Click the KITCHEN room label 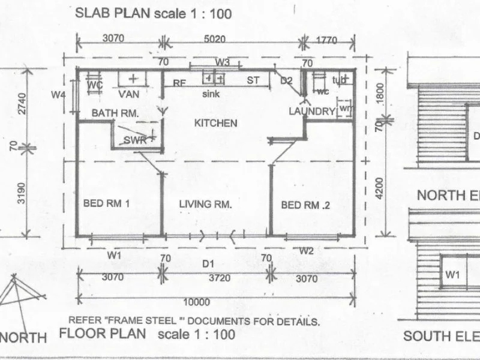pos(216,123)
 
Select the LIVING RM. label pos(206,204)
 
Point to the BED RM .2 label pos(306,205)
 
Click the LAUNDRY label pos(311,111)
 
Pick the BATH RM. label pos(115,112)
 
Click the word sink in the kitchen pos(211,94)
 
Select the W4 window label pos(58,94)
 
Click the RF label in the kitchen pos(179,83)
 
